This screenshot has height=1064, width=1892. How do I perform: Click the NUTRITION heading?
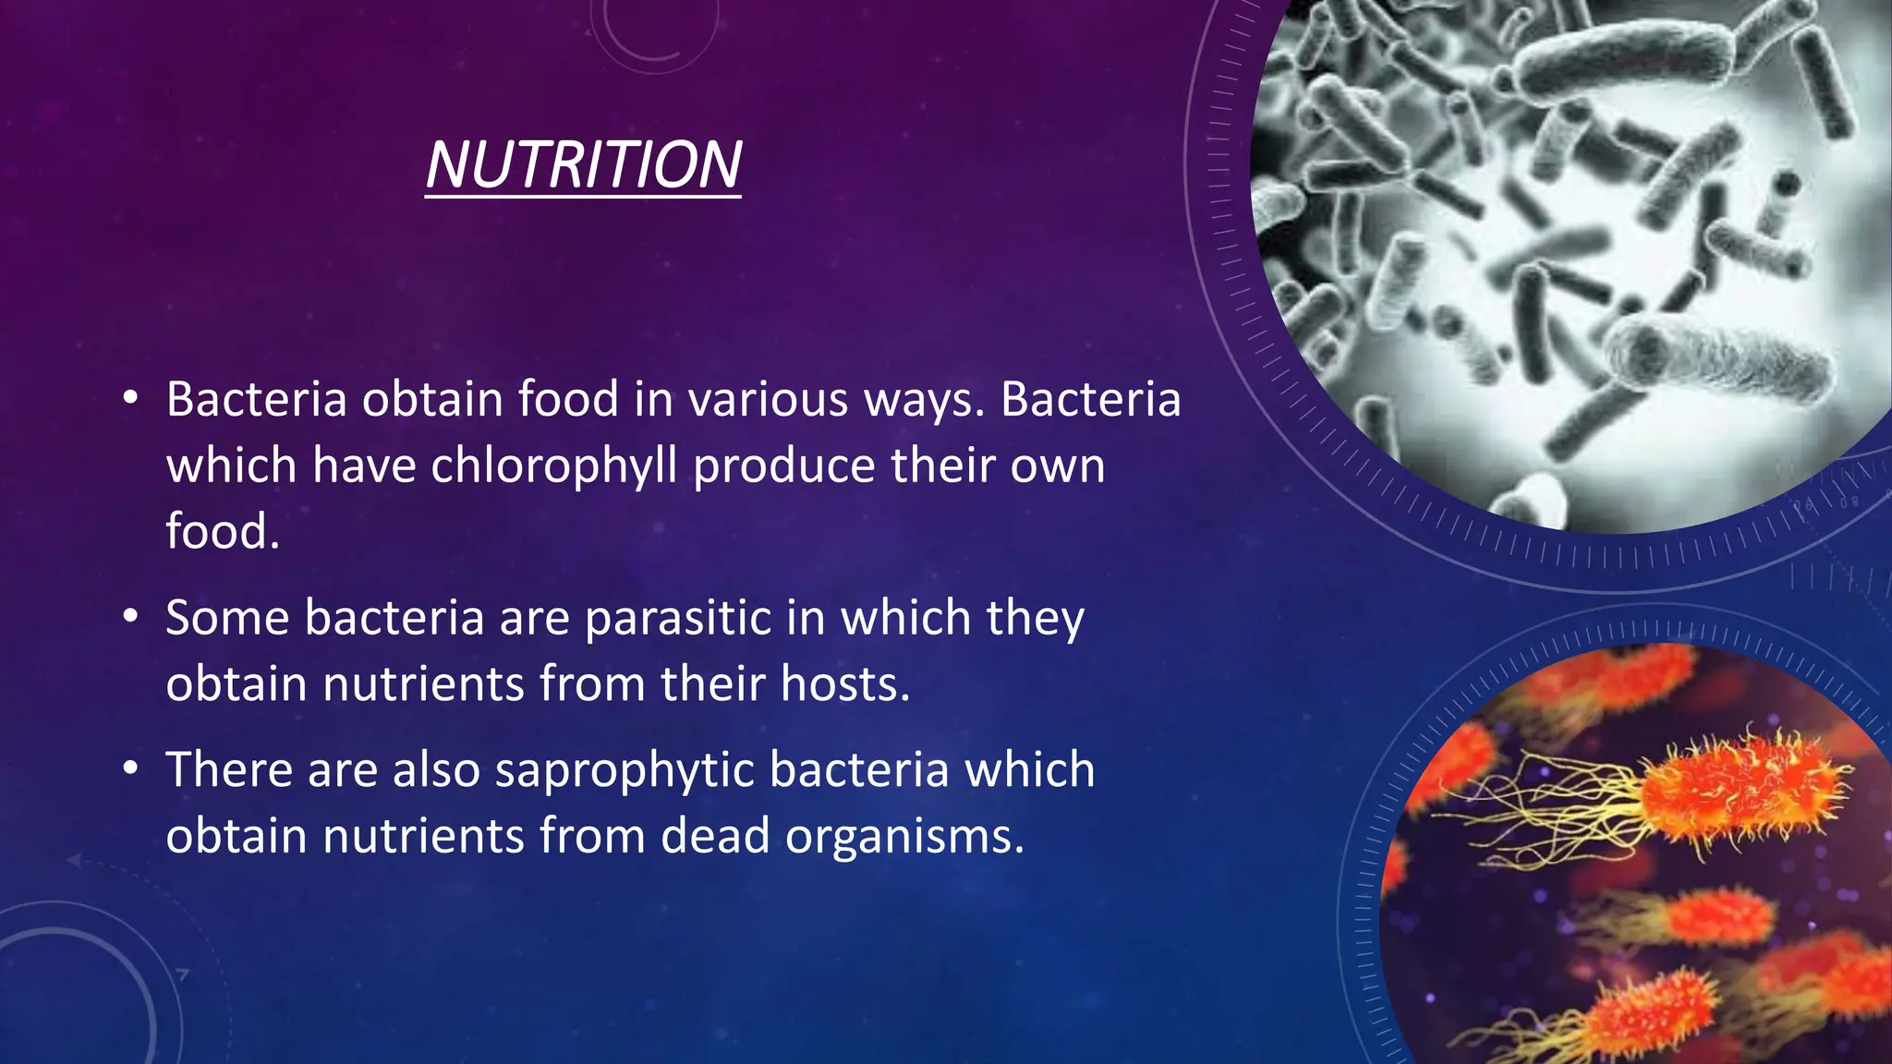(583, 165)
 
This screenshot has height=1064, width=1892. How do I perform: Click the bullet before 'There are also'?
(131, 768)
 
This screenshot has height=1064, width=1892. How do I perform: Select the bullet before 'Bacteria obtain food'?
(131, 398)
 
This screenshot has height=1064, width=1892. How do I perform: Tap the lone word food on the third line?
(222, 532)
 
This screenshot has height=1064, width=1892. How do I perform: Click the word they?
(1035, 618)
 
